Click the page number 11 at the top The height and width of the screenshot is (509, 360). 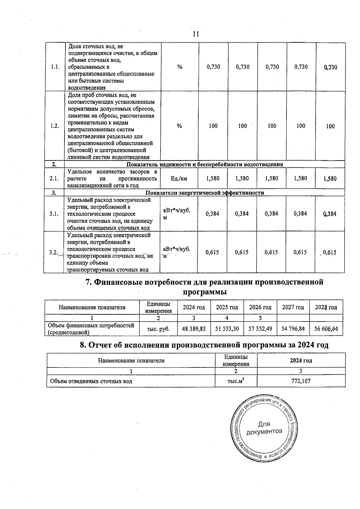tap(196, 34)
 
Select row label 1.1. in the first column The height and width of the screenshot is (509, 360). tap(55, 67)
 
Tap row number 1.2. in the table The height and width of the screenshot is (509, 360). tap(55, 126)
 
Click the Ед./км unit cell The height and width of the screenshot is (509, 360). tap(179, 178)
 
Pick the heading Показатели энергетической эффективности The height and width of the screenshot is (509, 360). tap(205, 193)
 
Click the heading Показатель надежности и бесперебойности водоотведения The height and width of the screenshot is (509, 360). tap(205, 164)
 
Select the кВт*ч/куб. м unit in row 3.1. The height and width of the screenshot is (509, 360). tap(176, 214)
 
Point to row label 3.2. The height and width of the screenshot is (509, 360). tap(53, 252)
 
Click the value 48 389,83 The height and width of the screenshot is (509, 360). tap(194, 329)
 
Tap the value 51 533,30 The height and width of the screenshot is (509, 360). tap(227, 329)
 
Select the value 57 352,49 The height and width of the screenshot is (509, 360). tap(260, 329)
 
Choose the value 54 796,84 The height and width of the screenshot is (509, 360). tap(293, 329)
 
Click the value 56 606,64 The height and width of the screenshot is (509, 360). tap(326, 329)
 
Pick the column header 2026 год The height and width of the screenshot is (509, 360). tap(260, 307)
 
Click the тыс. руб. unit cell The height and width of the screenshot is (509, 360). tap(158, 329)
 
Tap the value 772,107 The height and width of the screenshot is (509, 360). tap(301, 381)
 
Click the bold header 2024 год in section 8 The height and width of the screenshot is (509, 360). tap(301, 360)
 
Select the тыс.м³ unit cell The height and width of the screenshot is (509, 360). tap(236, 381)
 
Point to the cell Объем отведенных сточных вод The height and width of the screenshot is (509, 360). tap(91, 381)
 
